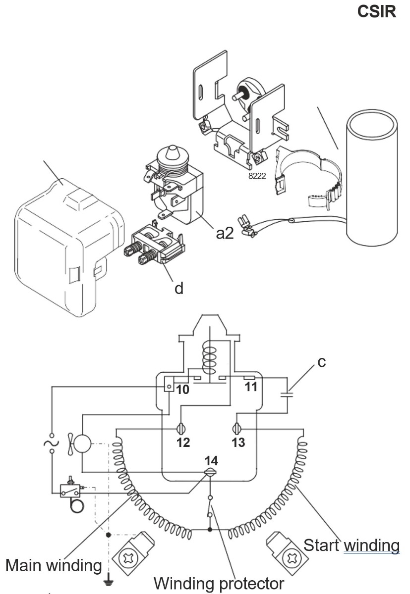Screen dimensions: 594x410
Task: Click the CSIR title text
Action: click(377, 12)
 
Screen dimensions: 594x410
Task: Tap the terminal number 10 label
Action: click(182, 390)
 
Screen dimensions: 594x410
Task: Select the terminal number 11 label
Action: click(251, 386)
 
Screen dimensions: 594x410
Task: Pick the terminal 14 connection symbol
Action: click(211, 473)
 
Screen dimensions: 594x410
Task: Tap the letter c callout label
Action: click(321, 362)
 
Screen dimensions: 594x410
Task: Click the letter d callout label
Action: click(179, 288)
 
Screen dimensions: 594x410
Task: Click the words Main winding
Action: click(53, 564)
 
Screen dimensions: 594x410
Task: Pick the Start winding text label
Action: click(351, 545)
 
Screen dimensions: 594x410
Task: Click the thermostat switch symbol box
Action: click(69, 491)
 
